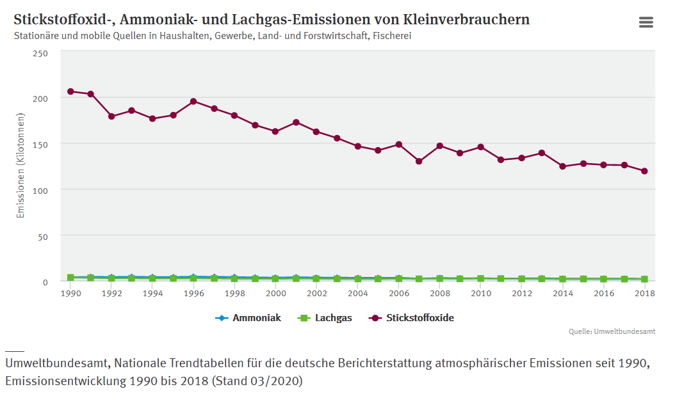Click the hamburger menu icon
pyautogui.click(x=646, y=22)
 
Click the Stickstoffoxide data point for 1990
pyautogui.click(x=70, y=91)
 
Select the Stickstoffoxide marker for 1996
pyautogui.click(x=193, y=101)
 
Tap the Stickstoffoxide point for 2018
pyautogui.click(x=644, y=171)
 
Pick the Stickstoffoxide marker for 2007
pyautogui.click(x=419, y=161)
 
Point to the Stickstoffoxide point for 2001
pyautogui.click(x=296, y=122)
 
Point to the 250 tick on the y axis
pyautogui.click(x=40, y=52)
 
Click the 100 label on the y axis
pyautogui.click(x=40, y=190)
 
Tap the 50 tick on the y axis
pyautogui.click(x=43, y=236)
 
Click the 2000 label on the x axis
pyautogui.click(x=275, y=293)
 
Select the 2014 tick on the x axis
pyautogui.click(x=562, y=293)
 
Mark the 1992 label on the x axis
pyautogui.click(x=111, y=293)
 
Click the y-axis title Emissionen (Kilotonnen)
pyautogui.click(x=20, y=166)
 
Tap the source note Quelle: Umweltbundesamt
pyautogui.click(x=612, y=331)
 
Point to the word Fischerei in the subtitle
pyautogui.click(x=392, y=36)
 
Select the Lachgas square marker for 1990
pyautogui.click(x=70, y=278)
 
